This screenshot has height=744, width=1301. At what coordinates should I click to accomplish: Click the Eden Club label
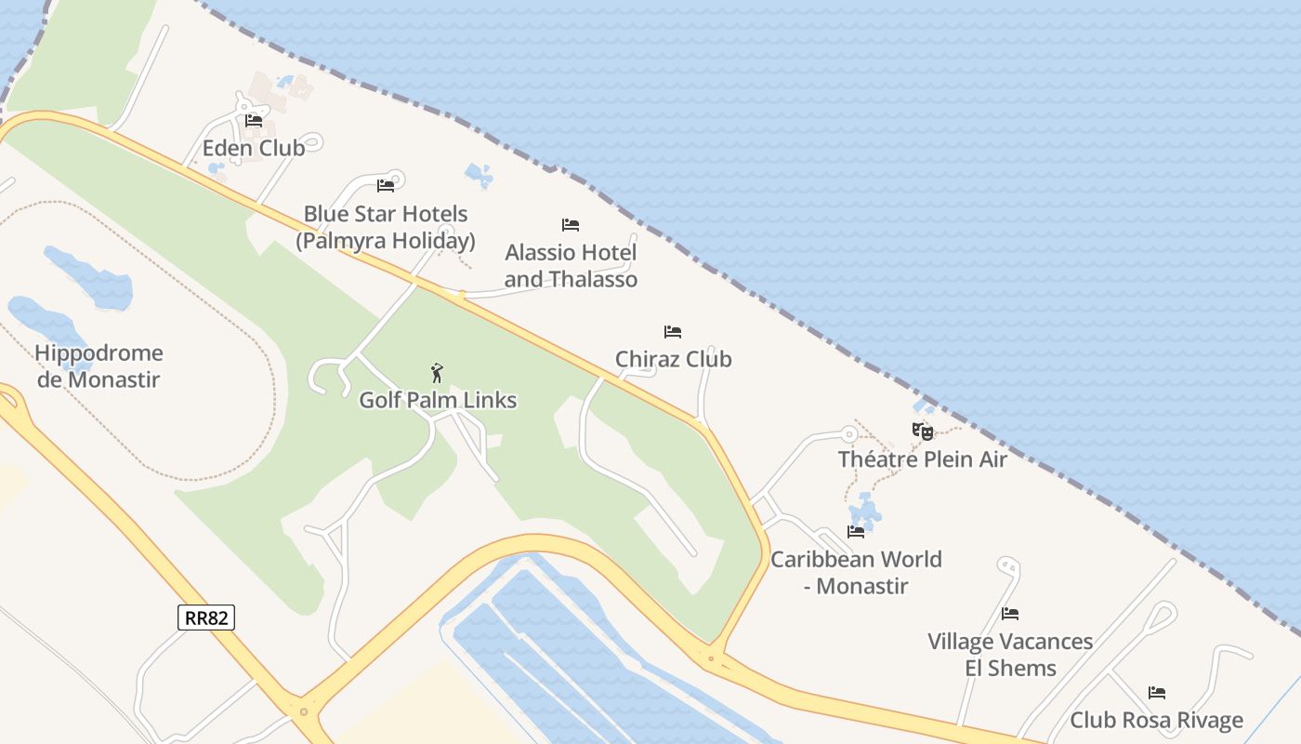[x=254, y=148]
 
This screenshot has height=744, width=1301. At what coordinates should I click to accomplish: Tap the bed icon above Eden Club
[x=254, y=121]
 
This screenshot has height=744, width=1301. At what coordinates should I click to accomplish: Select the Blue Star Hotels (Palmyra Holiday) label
[x=386, y=228]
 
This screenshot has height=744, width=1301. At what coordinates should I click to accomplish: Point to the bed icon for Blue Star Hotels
[x=386, y=186]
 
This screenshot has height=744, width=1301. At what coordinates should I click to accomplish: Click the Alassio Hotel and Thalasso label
[x=571, y=266]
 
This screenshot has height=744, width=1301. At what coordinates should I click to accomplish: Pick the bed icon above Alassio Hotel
[x=571, y=225]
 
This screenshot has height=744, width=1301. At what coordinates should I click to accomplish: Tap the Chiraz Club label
[x=674, y=359]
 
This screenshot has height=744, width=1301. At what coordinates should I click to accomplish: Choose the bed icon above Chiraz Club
[x=673, y=332]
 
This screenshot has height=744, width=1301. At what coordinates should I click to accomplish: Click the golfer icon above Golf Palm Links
[x=437, y=374]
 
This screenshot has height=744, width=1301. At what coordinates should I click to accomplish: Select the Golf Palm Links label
[x=438, y=401]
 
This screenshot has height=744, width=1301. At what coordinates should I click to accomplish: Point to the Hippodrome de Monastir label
[x=99, y=366]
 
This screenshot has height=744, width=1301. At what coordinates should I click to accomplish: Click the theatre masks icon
[x=922, y=432]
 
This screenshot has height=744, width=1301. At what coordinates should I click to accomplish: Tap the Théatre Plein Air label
[x=923, y=459]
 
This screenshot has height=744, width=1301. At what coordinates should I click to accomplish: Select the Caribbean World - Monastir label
[x=856, y=573]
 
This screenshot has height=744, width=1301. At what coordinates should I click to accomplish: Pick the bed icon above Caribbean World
[x=856, y=532]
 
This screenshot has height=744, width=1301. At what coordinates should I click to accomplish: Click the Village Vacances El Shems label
[x=1010, y=655]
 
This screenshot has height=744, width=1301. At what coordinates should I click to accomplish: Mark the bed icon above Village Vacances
[x=1010, y=614]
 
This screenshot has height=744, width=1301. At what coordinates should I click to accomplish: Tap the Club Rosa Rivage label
[x=1156, y=721]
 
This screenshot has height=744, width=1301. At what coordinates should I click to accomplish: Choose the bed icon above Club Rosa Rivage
[x=1157, y=693]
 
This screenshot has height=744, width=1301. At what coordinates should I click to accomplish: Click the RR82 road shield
[x=206, y=617]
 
